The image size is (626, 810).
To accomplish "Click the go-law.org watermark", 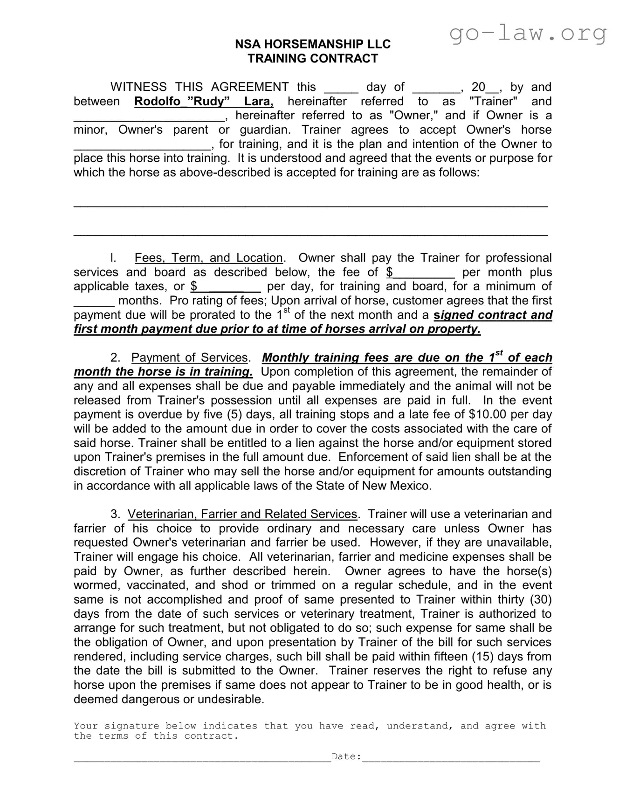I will tap(528, 33).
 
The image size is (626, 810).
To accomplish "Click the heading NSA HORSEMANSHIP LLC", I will tap(312, 44).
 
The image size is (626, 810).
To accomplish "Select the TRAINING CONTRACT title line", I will tap(312, 59).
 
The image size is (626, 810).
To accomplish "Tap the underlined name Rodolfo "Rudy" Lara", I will tap(204, 102).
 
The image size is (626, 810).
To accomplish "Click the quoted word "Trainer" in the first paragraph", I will tap(494, 102).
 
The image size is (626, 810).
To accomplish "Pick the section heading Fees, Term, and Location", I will tap(208, 258).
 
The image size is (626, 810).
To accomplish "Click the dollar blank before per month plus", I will tap(423, 273).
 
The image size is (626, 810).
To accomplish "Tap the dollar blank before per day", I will tap(228, 287).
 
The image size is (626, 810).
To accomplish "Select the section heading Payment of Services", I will tap(189, 358).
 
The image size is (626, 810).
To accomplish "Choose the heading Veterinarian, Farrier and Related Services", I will tap(242, 515).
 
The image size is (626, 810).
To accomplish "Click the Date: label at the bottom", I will tap(346, 757).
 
